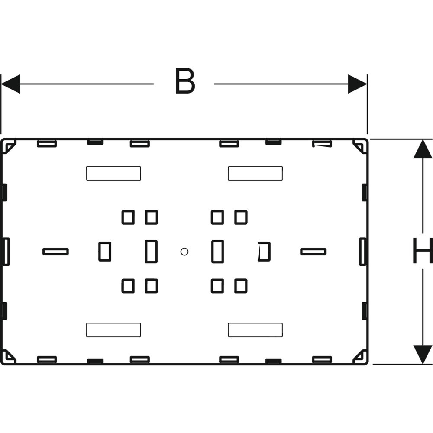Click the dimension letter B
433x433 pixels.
[x=185, y=81]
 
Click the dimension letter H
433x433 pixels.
[x=423, y=251]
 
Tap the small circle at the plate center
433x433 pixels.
[x=184, y=252]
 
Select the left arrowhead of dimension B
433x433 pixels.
[x=10, y=84]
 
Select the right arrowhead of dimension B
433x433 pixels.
[x=357, y=84]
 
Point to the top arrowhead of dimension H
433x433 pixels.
[x=423, y=149]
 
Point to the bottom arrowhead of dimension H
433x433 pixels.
[x=423, y=354]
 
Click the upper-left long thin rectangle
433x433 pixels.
[x=113, y=174]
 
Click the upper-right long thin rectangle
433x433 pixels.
[x=255, y=174]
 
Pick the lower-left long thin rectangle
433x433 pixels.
[x=113, y=330]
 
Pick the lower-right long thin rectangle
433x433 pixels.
[x=255, y=330]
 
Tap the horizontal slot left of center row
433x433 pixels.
[x=55, y=252]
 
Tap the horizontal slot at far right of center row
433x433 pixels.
[x=313, y=252]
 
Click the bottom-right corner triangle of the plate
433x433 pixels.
[x=360, y=356]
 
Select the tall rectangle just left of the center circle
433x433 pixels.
[x=151, y=252]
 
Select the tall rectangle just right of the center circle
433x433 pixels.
[x=218, y=252]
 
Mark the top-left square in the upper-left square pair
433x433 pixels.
[x=128, y=217]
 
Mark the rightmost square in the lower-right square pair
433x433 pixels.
[x=241, y=286]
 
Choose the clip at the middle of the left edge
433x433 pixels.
[x=6, y=252]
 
